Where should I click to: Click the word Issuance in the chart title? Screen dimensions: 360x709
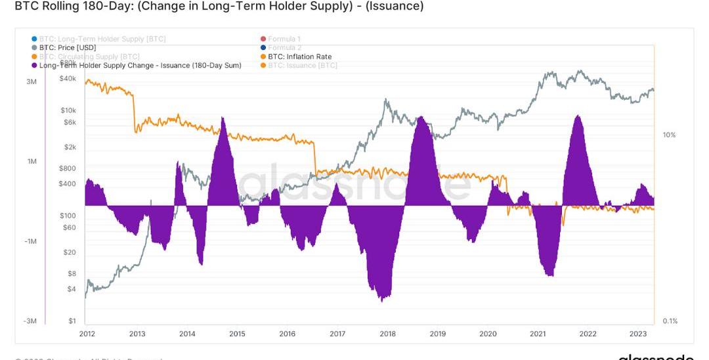click(x=397, y=7)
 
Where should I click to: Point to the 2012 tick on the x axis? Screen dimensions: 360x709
click(x=87, y=334)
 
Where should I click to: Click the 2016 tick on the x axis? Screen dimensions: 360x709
click(x=287, y=334)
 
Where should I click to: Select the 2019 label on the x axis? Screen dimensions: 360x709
click(x=437, y=334)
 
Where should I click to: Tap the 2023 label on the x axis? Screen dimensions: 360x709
click(x=638, y=334)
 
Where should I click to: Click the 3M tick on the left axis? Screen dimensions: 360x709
click(x=32, y=81)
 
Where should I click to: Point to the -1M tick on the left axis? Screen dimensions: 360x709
click(x=30, y=242)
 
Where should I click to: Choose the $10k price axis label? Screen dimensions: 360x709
click(x=68, y=110)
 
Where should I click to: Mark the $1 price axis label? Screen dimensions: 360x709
click(x=72, y=321)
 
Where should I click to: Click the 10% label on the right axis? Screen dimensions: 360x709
click(x=669, y=135)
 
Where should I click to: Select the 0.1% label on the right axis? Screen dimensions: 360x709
click(x=670, y=321)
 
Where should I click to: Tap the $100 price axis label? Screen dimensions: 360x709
click(x=68, y=215)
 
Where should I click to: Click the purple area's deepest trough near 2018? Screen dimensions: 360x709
click(x=381, y=300)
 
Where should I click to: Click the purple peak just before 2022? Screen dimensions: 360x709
click(x=577, y=116)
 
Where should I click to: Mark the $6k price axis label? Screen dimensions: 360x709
click(x=70, y=122)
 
